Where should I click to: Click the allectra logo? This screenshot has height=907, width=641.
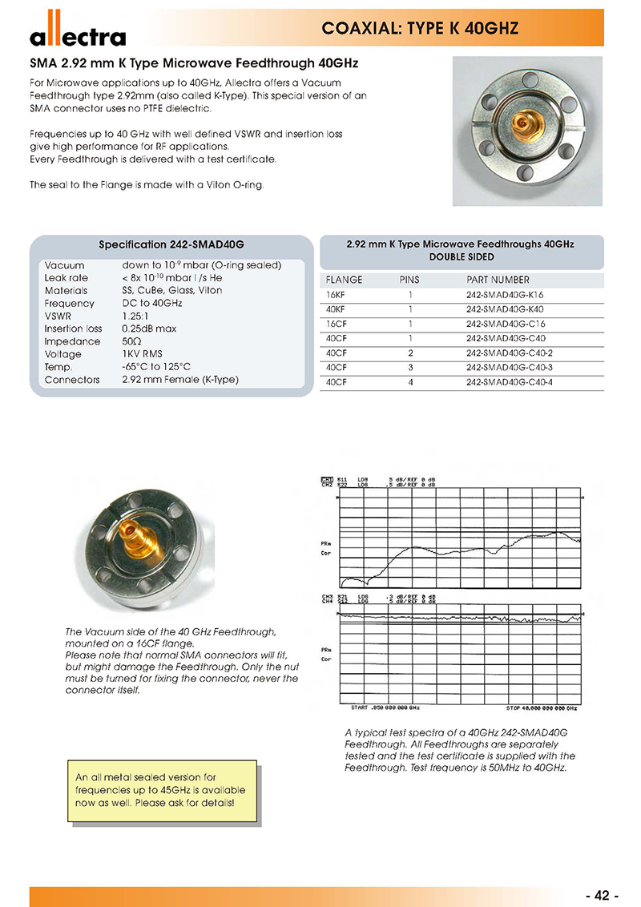pyautogui.click(x=78, y=34)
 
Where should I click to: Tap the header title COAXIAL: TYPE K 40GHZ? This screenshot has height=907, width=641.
pyautogui.click(x=420, y=29)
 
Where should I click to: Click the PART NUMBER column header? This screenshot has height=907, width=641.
pyautogui.click(x=498, y=280)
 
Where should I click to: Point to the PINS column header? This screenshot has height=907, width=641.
pyautogui.click(x=409, y=280)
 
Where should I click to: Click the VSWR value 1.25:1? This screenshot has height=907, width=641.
pyautogui.click(x=139, y=316)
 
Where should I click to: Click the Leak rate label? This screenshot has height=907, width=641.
pyautogui.click(x=67, y=278)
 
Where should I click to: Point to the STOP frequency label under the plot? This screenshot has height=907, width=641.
pyautogui.click(x=542, y=708)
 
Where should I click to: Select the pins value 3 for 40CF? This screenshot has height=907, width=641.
pyautogui.click(x=410, y=367)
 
